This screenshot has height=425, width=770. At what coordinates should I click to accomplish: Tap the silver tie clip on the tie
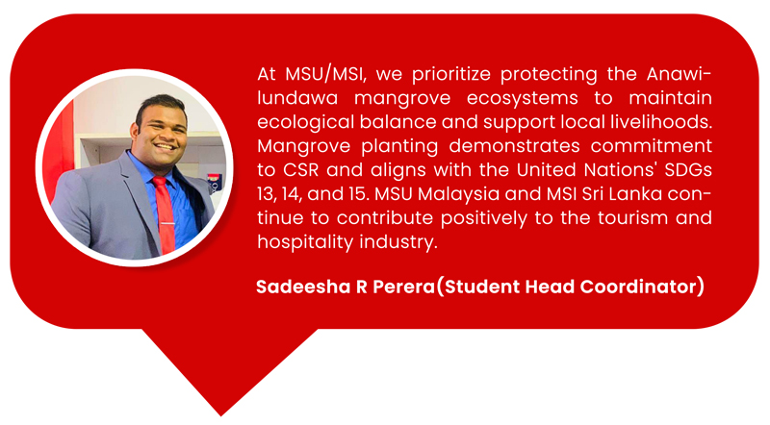click(167, 223)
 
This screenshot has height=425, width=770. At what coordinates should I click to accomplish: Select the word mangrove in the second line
click(402, 99)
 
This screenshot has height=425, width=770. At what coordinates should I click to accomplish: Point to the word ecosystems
click(522, 99)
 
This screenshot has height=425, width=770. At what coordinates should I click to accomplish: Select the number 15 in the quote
click(358, 194)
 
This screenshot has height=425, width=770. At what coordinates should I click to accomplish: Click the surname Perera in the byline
click(403, 287)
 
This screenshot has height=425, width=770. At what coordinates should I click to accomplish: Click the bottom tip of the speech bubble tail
click(221, 415)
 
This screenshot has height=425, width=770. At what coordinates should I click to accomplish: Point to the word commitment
click(652, 146)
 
